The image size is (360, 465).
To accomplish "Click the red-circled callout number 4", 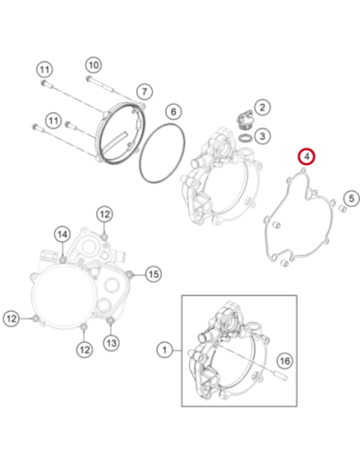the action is coord(307,156).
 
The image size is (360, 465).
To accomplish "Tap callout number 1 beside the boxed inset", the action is coord(164,350).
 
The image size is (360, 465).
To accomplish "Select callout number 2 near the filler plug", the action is coord(262,108).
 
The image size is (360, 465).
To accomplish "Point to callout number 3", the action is coord(262,136).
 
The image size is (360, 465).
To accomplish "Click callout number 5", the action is coord(351,198).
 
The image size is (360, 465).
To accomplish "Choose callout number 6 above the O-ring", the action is coord(173,112).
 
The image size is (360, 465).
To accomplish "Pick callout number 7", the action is coord(145,92).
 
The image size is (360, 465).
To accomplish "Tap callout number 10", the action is coord(94,65).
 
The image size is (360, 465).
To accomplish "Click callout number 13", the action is coord(111,342).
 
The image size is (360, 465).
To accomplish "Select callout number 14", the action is coord(62,234).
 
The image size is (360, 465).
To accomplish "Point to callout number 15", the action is coord(153,274).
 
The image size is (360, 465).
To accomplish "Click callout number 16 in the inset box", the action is coord(284,361).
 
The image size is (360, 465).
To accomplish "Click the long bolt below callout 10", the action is coord(99,84).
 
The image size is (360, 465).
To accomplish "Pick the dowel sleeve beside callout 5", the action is coord(342,208).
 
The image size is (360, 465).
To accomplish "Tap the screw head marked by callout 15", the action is coord(129,275).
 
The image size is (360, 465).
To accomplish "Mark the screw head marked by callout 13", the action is coord(111,321).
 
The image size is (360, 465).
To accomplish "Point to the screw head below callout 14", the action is coord(62,259).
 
